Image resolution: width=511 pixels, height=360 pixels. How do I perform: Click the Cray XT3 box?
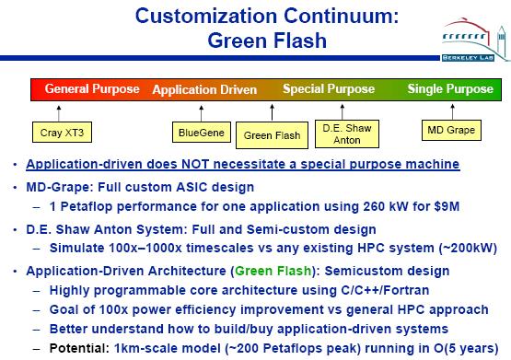(62, 133)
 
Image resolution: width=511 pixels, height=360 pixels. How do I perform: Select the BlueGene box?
(202, 132)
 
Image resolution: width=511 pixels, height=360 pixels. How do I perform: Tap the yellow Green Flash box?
(272, 135)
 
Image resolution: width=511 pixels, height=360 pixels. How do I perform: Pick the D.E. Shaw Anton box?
(347, 134)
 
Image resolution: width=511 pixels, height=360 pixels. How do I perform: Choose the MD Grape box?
(451, 131)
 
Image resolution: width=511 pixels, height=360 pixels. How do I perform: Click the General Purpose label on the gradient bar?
(92, 88)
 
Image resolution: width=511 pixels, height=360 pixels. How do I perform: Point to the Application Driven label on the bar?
(204, 89)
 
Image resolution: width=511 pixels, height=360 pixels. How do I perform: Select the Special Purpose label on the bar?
(329, 88)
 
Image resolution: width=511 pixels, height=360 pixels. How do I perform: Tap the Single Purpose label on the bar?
(450, 88)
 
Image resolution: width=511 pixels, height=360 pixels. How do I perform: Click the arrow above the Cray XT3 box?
(59, 113)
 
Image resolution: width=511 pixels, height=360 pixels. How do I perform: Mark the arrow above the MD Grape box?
(452, 111)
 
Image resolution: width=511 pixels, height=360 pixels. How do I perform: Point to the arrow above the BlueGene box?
(201, 113)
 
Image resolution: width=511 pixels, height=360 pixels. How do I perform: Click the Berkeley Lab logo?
(475, 40)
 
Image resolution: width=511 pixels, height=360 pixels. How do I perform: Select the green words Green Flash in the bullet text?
(273, 271)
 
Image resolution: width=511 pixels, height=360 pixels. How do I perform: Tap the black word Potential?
(79, 348)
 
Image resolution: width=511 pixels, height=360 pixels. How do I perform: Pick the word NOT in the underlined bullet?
(195, 164)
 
